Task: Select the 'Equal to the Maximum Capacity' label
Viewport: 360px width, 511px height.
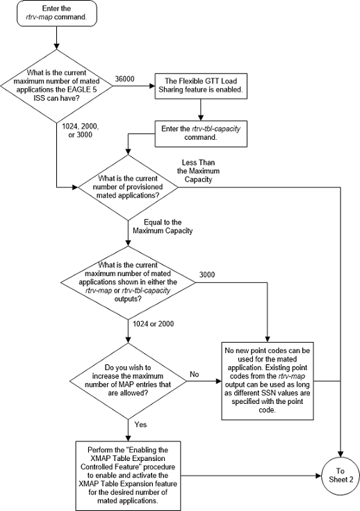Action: tap(164, 226)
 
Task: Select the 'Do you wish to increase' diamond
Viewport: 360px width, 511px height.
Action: tap(129, 376)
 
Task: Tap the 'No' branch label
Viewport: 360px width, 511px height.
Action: tap(195, 374)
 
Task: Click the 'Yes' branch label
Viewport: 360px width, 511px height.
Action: tap(140, 423)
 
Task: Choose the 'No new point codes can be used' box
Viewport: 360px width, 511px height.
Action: tap(268, 381)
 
